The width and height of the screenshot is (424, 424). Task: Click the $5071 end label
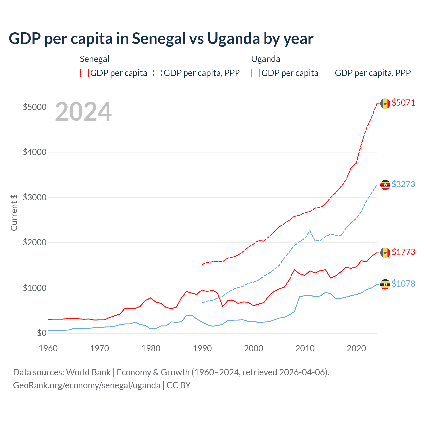pos(403,103)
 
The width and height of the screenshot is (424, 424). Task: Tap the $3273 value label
pos(403,184)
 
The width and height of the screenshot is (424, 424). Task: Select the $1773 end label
pos(403,252)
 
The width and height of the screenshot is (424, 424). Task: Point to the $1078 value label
pos(403,284)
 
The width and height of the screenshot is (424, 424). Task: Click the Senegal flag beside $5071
pos(385,104)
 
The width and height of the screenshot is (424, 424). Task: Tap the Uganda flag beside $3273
pos(385,185)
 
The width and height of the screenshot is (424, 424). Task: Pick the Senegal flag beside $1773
pos(385,253)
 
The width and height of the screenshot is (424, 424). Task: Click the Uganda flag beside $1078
pos(385,284)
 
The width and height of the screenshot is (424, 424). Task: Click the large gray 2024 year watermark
pos(83,112)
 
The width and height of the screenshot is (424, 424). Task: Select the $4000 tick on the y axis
pos(34,152)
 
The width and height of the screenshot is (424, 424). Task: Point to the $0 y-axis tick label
pos(41,333)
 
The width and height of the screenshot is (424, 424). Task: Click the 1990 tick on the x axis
pos(202,348)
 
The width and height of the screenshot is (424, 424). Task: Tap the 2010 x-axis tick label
pos(305,348)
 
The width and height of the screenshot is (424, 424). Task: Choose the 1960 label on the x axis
pos(48,348)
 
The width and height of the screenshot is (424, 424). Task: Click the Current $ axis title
pos(14,212)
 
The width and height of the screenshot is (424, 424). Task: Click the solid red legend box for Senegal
pos(84,73)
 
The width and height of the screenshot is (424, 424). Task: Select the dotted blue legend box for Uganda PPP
pos(329,73)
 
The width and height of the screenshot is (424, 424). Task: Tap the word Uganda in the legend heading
pos(266,59)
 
